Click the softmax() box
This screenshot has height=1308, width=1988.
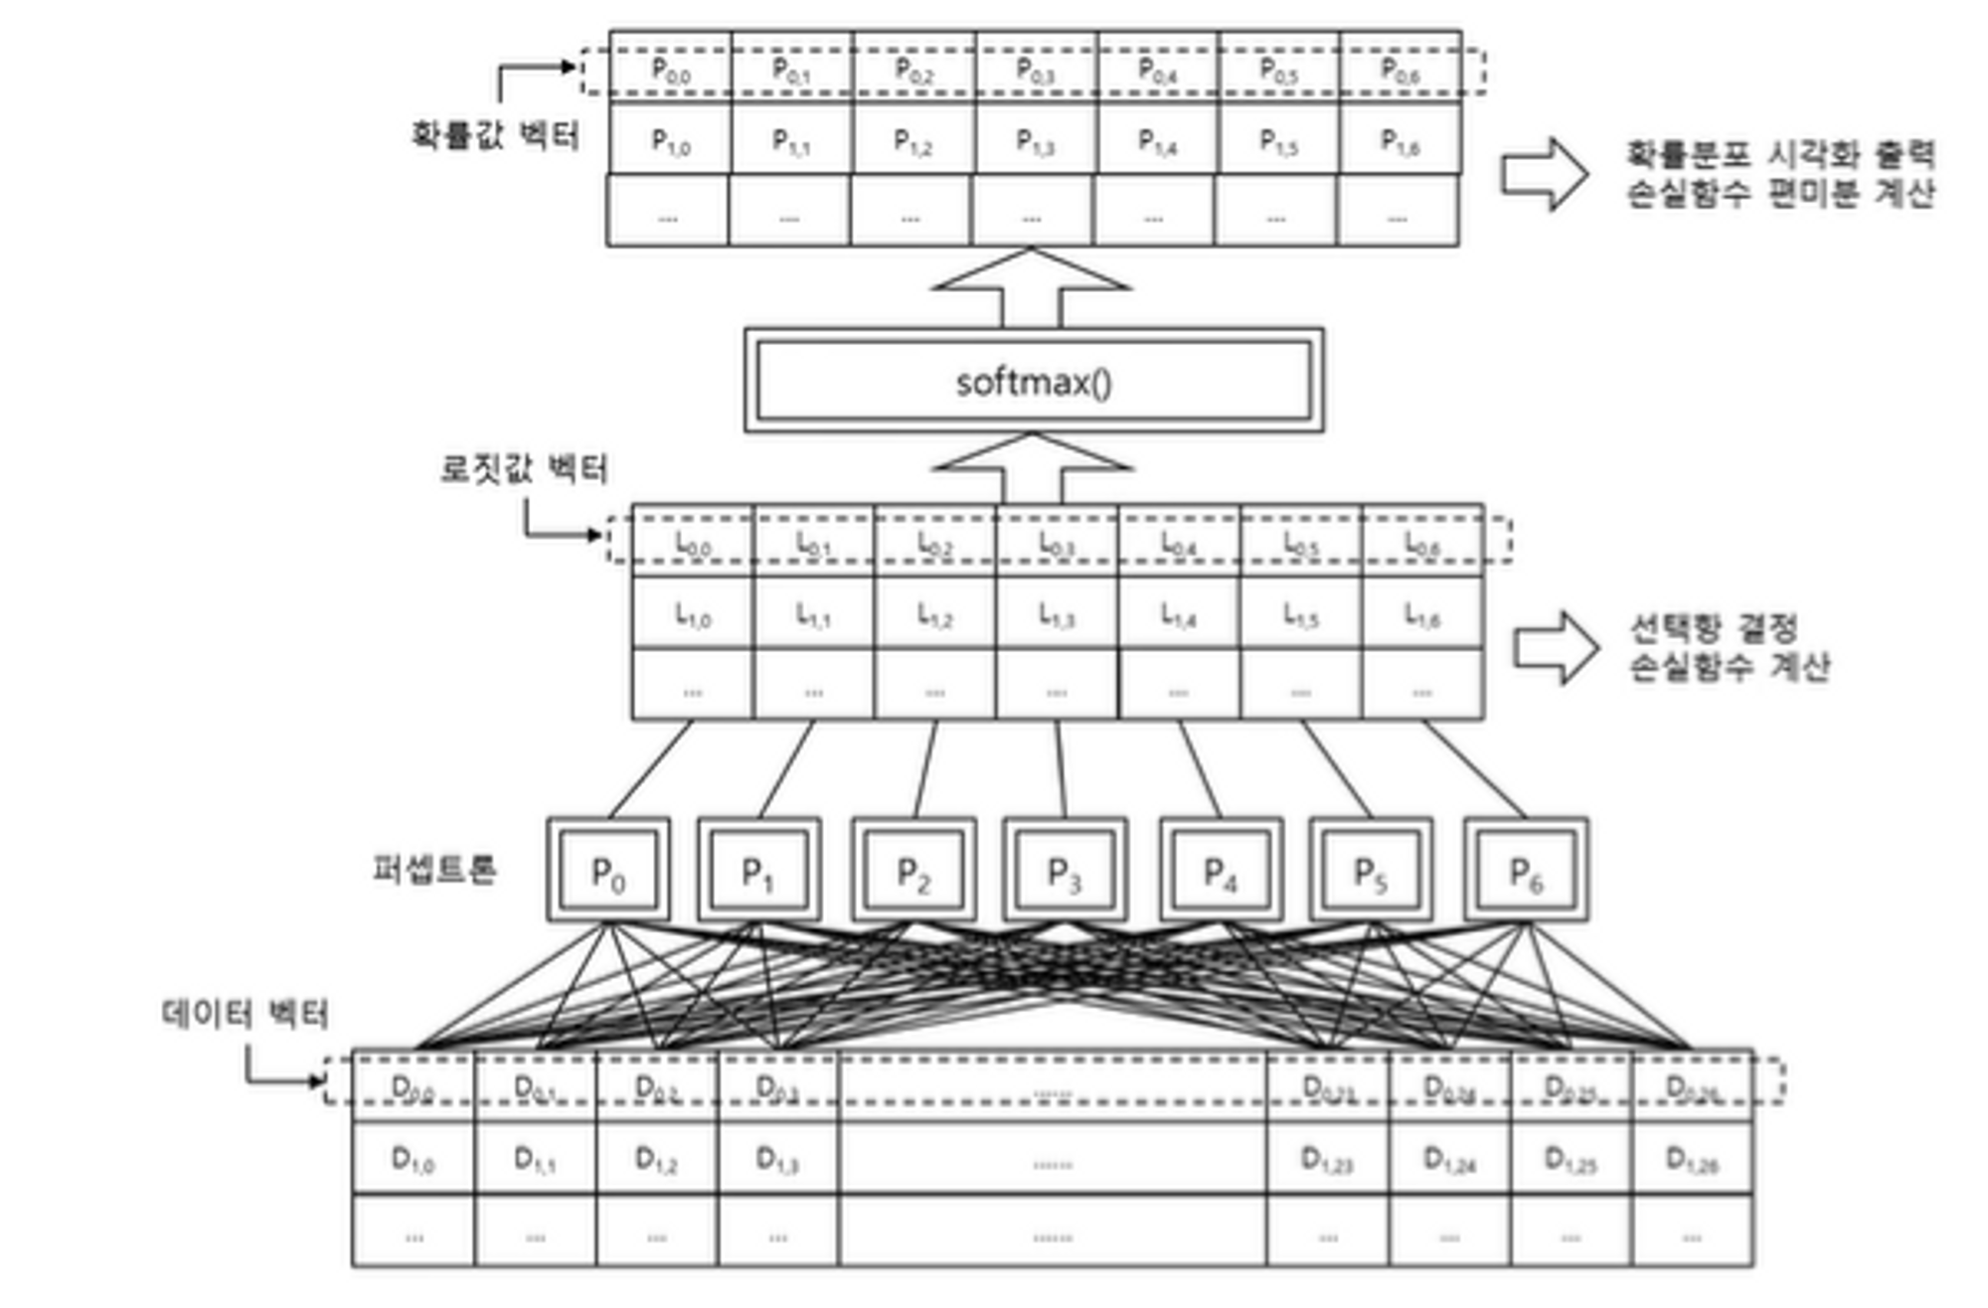(x=1034, y=381)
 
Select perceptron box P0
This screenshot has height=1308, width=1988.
(x=607, y=871)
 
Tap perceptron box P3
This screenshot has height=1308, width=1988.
(x=1064, y=871)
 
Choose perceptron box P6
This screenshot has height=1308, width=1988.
(x=1526, y=871)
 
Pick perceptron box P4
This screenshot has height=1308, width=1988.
(x=1221, y=871)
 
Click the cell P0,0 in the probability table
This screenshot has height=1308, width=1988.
(x=671, y=69)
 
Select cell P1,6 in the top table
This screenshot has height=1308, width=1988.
(x=1400, y=140)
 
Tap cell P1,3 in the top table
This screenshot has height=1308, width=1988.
(x=1035, y=140)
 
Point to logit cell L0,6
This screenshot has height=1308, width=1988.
(x=1422, y=543)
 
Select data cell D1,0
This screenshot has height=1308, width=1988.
(x=414, y=1159)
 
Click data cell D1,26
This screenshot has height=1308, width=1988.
(x=1692, y=1159)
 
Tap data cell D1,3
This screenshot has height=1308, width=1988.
(x=777, y=1159)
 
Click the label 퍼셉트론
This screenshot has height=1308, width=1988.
(x=433, y=870)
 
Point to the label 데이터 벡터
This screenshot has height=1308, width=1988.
(x=245, y=1014)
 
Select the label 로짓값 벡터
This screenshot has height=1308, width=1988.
(x=524, y=468)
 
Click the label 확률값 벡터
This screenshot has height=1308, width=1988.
(x=495, y=134)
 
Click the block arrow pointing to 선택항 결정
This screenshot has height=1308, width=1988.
(x=1556, y=648)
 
